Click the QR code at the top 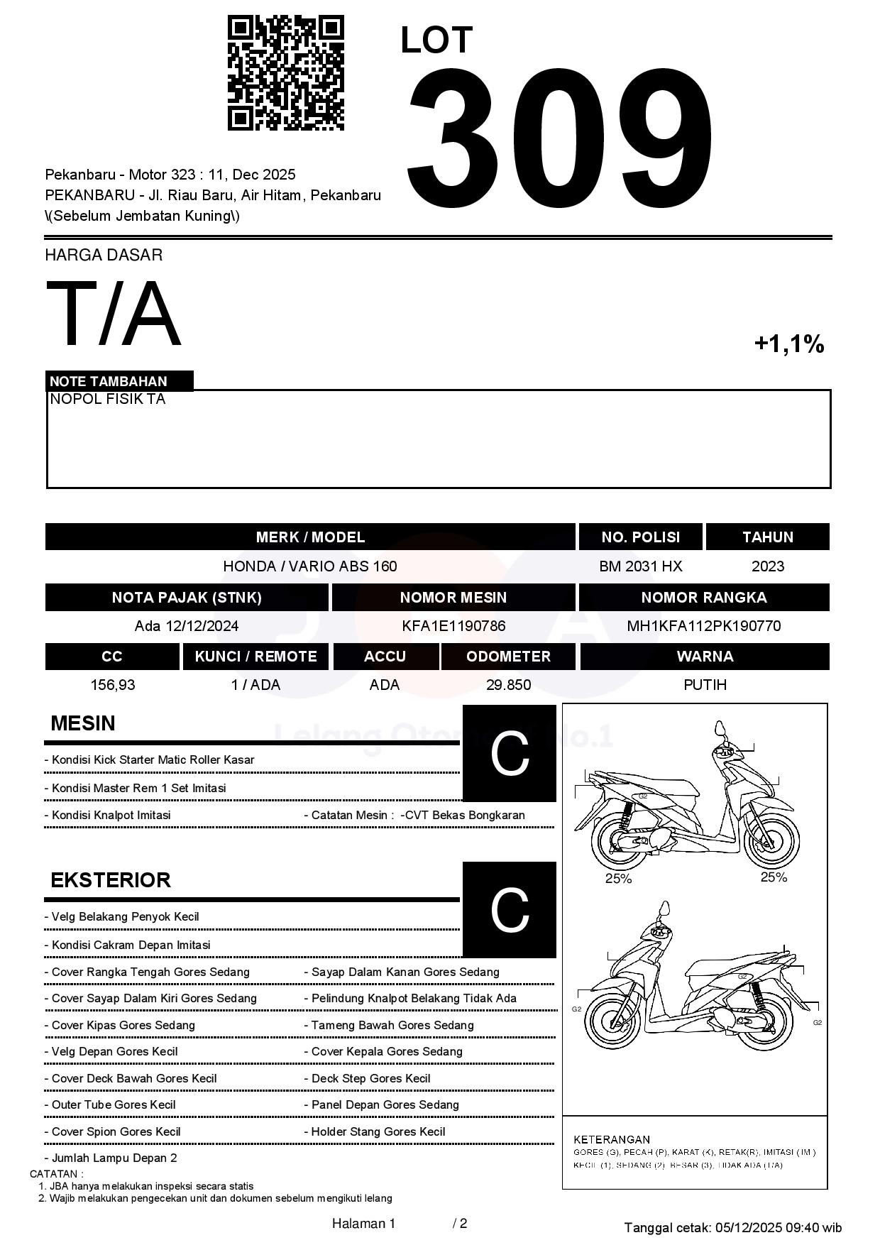tap(286, 73)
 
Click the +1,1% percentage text tap(788, 344)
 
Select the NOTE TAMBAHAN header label tap(109, 381)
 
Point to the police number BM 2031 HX tap(640, 566)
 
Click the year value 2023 tap(767, 566)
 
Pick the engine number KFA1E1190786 tap(453, 626)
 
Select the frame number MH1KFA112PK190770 tap(703, 626)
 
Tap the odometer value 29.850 tap(508, 685)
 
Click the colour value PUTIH tap(705, 685)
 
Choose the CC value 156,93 tap(112, 685)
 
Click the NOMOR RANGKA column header tap(703, 598)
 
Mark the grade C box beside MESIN tap(509, 754)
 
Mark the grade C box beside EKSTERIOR tap(509, 910)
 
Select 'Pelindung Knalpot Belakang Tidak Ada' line tap(414, 999)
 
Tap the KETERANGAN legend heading tap(611, 1139)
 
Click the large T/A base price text tap(114, 314)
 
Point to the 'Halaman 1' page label tap(363, 1224)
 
